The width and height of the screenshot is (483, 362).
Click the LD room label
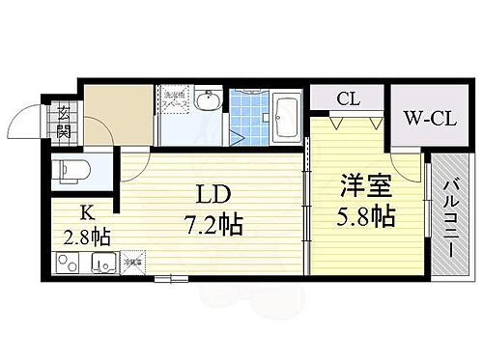click(215, 193)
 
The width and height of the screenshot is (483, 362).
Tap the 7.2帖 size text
click(215, 228)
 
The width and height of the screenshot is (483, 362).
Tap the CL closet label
click(349, 97)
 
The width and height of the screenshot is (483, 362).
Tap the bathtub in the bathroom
click(285, 117)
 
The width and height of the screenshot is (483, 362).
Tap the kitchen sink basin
click(100, 264)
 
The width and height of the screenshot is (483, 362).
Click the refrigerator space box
click(133, 263)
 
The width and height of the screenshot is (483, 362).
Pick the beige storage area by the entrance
click(119, 114)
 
